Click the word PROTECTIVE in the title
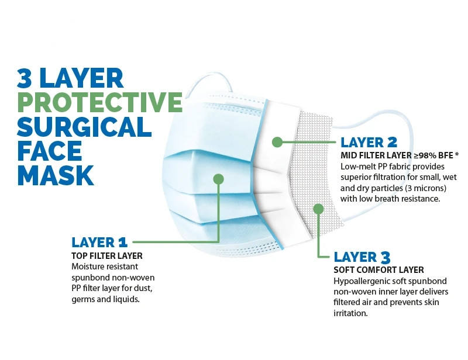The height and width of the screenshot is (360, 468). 100,102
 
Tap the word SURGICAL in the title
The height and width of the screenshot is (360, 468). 84,126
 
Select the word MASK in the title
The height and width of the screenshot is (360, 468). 56,175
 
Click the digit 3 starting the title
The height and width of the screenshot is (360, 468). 25,78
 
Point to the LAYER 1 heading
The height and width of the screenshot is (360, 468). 99,243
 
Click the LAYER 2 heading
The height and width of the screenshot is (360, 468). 369,142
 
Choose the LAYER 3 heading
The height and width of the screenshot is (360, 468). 362,257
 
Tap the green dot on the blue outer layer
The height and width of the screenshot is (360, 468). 218,179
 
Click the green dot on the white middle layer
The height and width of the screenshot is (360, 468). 277,142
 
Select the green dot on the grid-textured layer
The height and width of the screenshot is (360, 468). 318,209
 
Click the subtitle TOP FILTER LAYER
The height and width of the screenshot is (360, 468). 107,256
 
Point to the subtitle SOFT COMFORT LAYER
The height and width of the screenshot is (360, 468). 378,270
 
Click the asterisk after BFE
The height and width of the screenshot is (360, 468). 457,154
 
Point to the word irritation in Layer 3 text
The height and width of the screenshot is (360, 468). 350,313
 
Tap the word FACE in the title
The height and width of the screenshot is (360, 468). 49,151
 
